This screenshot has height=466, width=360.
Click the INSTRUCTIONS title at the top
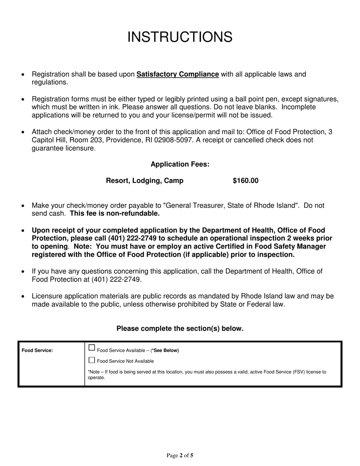tap(180, 37)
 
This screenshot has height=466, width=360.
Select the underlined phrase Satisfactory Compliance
tap(177, 74)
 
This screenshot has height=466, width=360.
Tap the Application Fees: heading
tap(180, 164)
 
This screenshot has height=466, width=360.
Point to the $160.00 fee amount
tap(245, 181)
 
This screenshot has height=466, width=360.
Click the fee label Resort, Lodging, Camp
tap(144, 181)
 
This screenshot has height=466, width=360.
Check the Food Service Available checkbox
tap(92, 348)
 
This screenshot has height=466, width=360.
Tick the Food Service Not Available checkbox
tap(92, 360)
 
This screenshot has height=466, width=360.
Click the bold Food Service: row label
tap(37, 350)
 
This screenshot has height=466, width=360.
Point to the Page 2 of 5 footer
tap(180, 456)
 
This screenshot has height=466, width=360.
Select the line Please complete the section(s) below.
tap(180, 328)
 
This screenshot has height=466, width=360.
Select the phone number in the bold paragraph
tap(131, 239)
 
